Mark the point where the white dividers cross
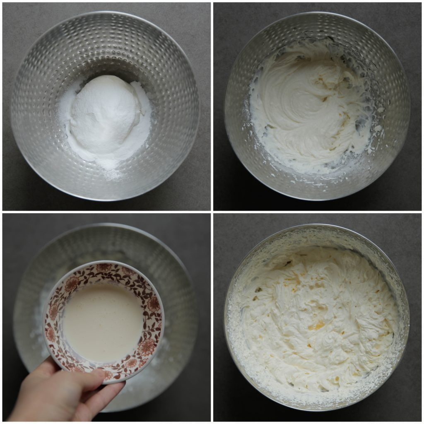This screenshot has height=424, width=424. click(x=212, y=212)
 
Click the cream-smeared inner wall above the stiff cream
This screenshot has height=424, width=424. click(x=315, y=240)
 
